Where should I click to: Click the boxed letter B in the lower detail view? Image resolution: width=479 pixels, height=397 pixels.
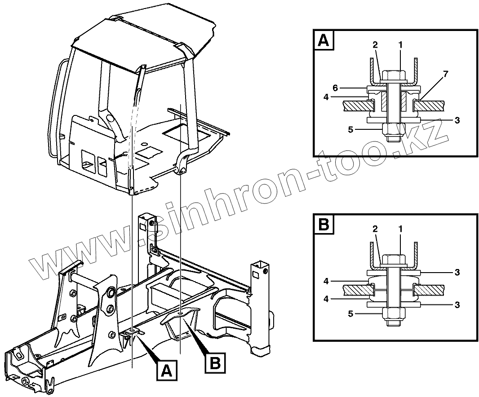324,225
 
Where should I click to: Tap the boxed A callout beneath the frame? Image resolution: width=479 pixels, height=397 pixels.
167,371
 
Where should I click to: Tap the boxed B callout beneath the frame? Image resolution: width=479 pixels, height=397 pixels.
215,362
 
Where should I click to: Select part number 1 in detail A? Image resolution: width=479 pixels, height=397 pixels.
400,45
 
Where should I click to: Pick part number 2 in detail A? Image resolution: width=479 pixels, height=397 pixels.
375,45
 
